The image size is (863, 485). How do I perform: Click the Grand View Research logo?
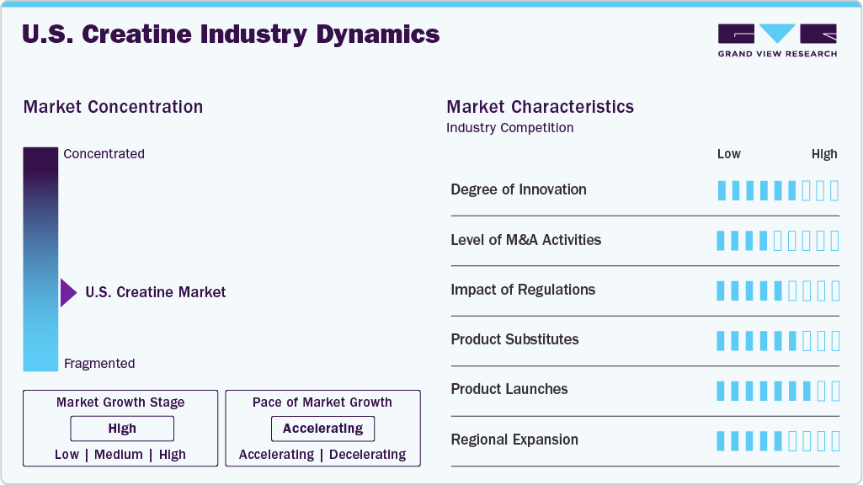[777, 40]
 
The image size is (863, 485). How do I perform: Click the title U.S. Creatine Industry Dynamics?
[231, 35]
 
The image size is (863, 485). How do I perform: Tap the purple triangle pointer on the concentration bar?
[68, 293]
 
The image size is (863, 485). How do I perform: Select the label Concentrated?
[104, 153]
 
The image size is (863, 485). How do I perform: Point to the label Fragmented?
[99, 364]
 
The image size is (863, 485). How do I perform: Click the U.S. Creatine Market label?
[155, 292]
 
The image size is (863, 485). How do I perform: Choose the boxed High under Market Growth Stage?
[122, 429]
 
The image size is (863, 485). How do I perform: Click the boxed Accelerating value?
[322, 429]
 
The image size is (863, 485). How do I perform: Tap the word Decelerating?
[368, 455]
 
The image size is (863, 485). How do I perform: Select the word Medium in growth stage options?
[119, 455]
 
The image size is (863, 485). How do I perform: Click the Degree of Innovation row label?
[519, 189]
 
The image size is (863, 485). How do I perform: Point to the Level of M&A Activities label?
[525, 240]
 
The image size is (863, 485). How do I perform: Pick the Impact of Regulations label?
[523, 290]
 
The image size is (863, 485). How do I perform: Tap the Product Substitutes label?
[514, 339]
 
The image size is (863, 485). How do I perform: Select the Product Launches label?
[509, 389]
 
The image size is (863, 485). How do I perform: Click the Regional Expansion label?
[514, 440]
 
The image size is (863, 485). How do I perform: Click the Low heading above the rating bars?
[728, 154]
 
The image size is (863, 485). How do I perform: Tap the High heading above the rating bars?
[824, 154]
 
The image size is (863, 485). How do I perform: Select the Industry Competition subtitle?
[509, 128]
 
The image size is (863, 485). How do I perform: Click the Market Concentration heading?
[113, 107]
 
